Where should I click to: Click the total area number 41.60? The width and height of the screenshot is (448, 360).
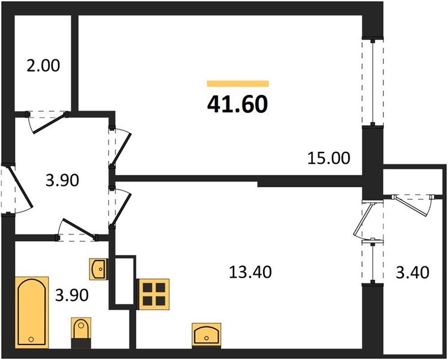click(x=237, y=104)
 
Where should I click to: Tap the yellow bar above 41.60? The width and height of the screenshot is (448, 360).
click(x=237, y=84)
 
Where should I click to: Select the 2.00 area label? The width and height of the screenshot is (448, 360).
click(x=43, y=65)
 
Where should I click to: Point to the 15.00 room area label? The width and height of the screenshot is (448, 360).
click(x=328, y=159)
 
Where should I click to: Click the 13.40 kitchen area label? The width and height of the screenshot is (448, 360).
click(x=250, y=272)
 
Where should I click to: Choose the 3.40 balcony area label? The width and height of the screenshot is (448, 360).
click(x=414, y=273)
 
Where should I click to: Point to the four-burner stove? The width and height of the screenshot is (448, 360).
click(x=153, y=294)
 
